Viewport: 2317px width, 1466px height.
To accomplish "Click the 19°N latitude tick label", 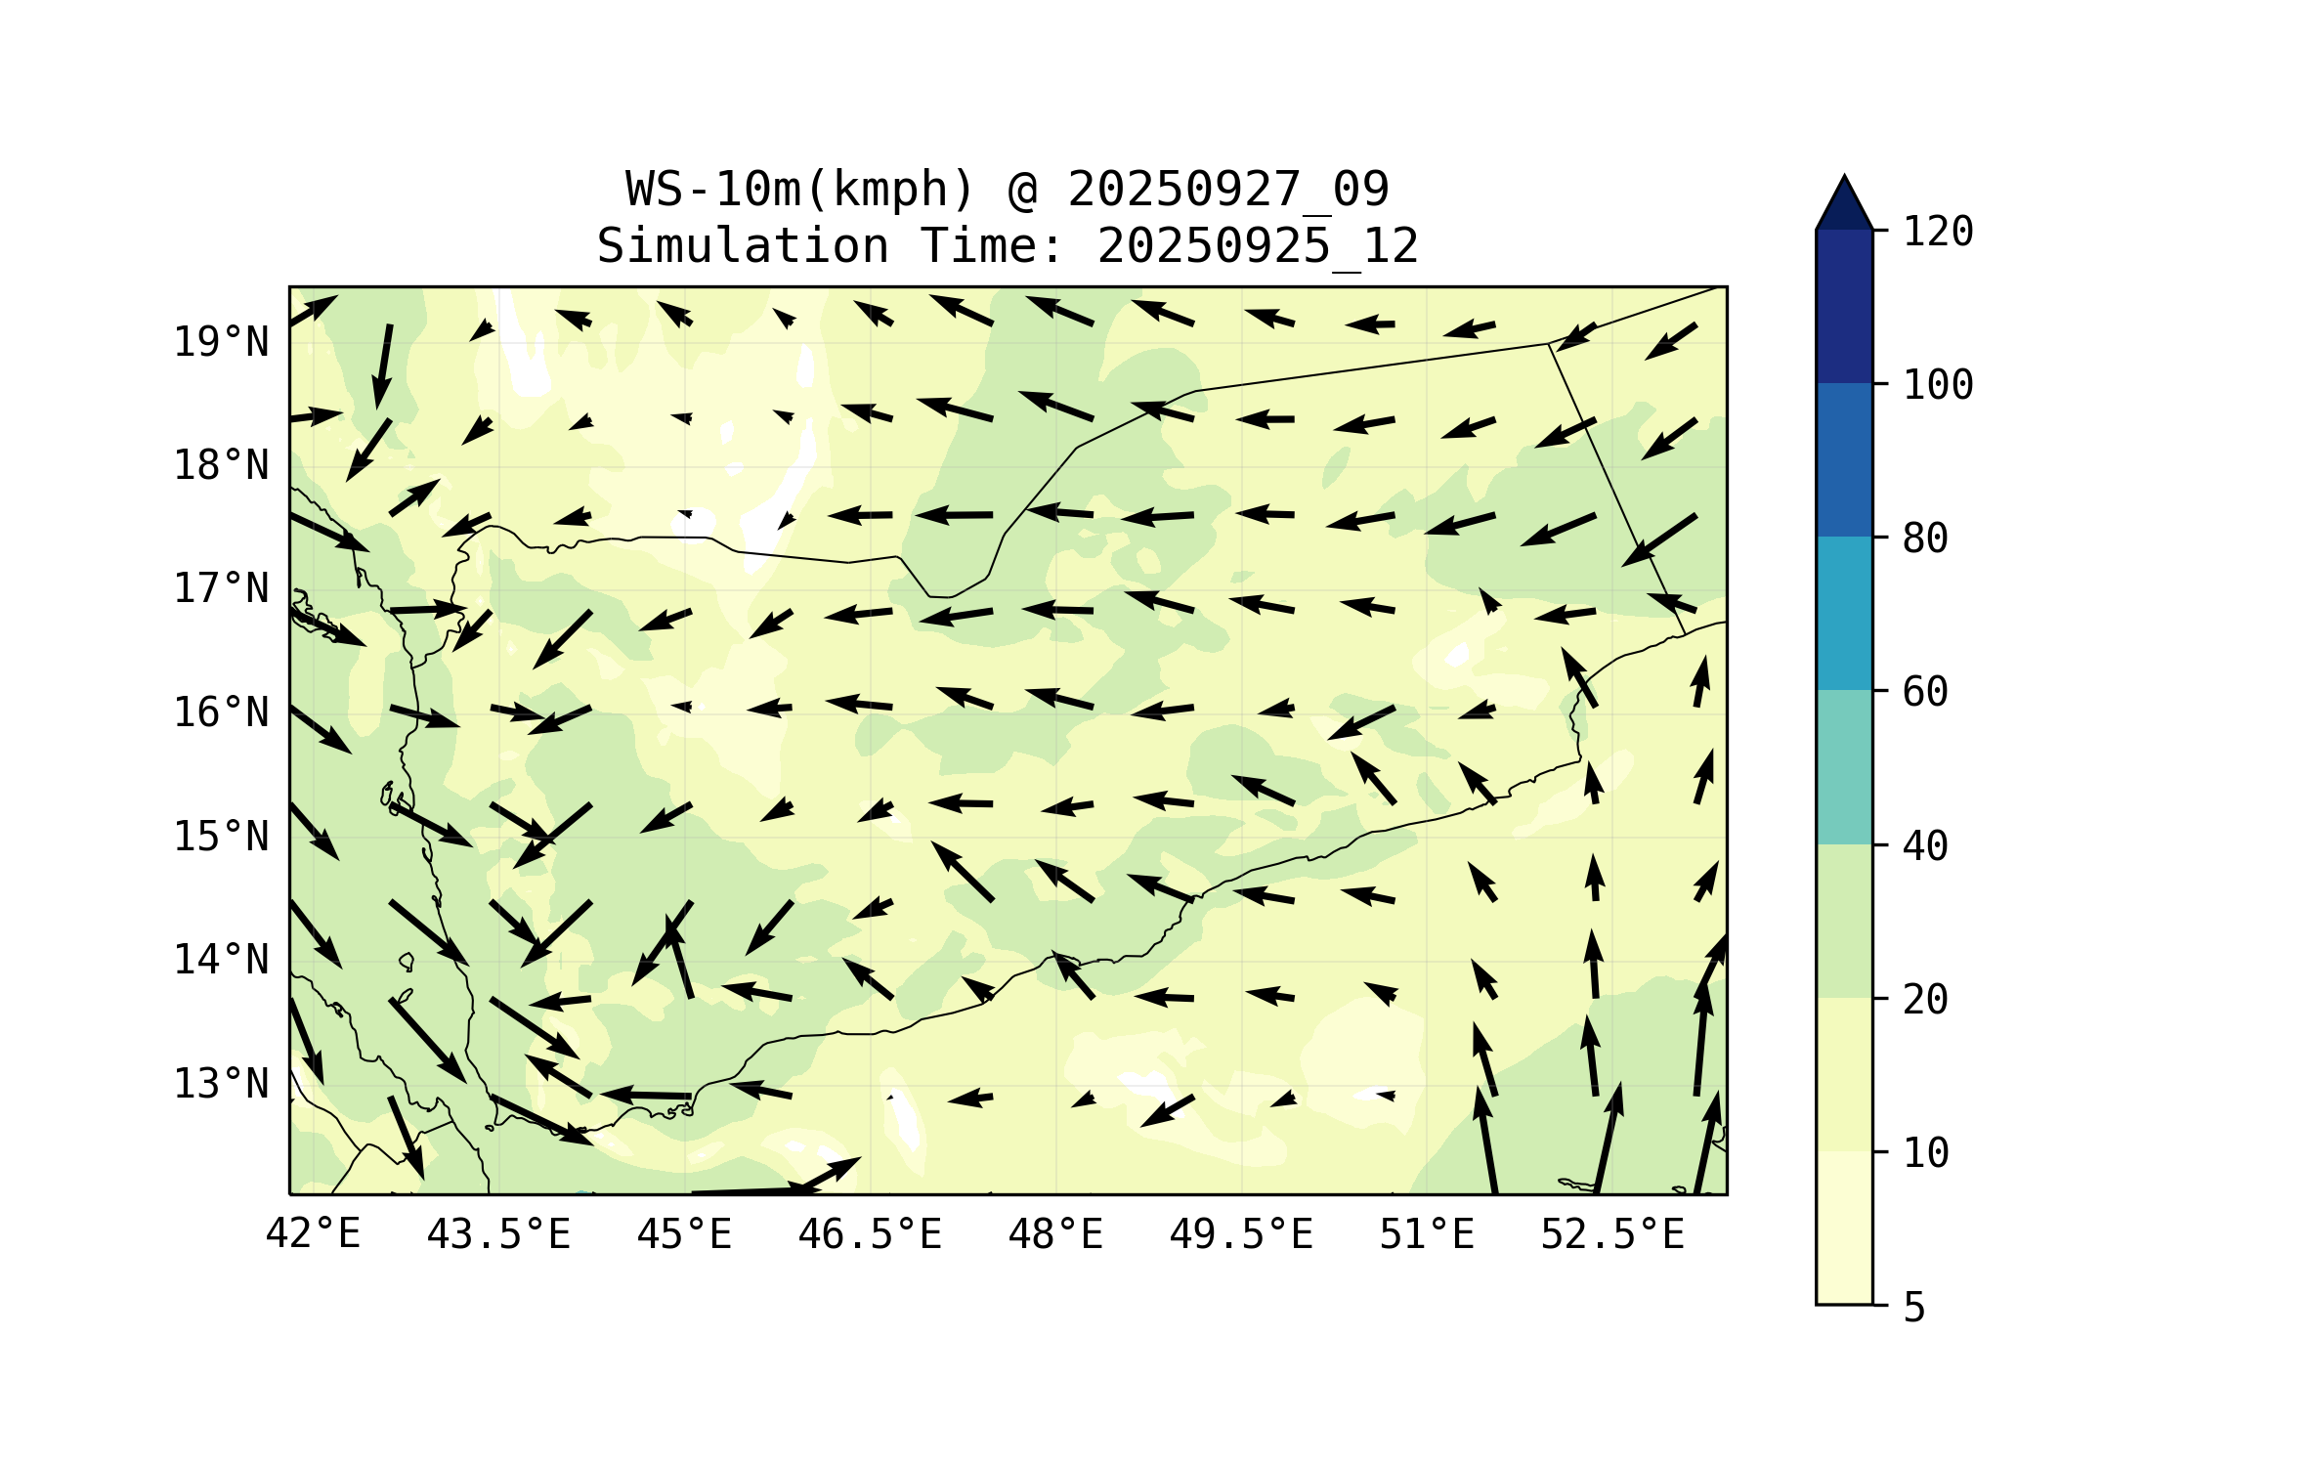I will point(221,342).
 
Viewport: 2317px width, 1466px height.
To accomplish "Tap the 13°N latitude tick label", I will point(221,1084).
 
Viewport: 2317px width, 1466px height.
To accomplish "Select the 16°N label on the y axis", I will point(221,713).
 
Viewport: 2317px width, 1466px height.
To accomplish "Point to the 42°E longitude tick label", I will point(313,1234).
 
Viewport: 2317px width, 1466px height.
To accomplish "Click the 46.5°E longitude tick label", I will point(870,1234).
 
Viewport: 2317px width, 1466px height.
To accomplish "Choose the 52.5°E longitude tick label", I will point(1612,1234).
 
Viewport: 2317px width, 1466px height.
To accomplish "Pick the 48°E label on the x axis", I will point(1055,1234).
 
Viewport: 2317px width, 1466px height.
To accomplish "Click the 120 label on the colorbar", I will point(1938,232).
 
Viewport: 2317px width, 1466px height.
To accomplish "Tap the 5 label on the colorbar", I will point(1914,1308).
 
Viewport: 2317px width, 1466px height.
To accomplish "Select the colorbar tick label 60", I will point(1925,692).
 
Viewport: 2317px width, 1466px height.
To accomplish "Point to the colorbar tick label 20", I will point(1925,1000).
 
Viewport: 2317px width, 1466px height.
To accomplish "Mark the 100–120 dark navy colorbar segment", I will point(1844,306).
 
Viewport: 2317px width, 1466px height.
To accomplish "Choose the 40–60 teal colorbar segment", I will point(1844,767).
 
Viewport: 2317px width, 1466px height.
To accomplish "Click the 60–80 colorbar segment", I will point(1844,613).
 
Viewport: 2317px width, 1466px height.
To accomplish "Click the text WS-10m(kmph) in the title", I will point(800,189).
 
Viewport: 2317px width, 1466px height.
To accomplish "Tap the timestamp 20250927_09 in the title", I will point(1227,189).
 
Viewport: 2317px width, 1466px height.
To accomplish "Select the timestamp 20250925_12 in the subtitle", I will point(1258,245).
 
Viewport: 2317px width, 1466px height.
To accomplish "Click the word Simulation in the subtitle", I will point(743,245).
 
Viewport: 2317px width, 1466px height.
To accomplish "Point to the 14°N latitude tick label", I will point(221,960).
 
